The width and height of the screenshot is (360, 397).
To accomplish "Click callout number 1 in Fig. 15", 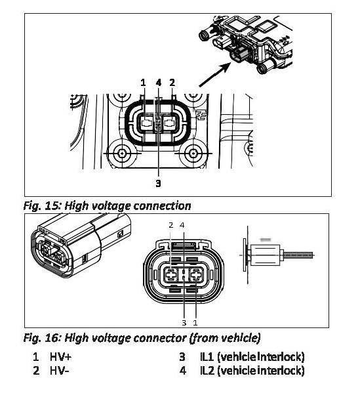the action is pos(143,83).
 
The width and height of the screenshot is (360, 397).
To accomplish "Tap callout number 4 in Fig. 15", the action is pos(159,83).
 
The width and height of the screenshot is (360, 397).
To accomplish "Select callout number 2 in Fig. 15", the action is pos(172,83).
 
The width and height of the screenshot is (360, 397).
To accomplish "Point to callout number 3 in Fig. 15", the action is pos(158,183).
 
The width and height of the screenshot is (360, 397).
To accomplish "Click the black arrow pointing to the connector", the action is pos(215,75).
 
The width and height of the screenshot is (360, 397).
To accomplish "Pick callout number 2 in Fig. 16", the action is pos(171,225).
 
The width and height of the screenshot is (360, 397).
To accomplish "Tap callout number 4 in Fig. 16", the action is pos(182,225).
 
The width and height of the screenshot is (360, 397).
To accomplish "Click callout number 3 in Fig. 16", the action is pos(184,323).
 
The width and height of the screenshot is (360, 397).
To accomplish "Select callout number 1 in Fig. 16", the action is pos(195,323).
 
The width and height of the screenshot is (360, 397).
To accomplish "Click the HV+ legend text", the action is pos(61,357).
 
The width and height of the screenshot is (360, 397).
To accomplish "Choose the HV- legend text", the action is pos(60,371).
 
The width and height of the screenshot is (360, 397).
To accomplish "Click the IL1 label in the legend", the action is pos(207,357).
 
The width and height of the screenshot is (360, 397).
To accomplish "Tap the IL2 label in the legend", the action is pos(207,371).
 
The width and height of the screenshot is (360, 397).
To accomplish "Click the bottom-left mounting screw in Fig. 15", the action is pos(123,153).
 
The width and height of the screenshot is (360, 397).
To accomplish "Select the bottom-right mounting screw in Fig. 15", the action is pos(193,153).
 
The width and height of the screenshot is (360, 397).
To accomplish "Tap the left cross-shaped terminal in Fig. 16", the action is pos(171,275).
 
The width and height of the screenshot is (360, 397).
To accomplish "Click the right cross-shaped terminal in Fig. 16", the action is pos(197,275).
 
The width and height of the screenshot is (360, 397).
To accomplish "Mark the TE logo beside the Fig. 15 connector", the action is pos(201,114).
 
